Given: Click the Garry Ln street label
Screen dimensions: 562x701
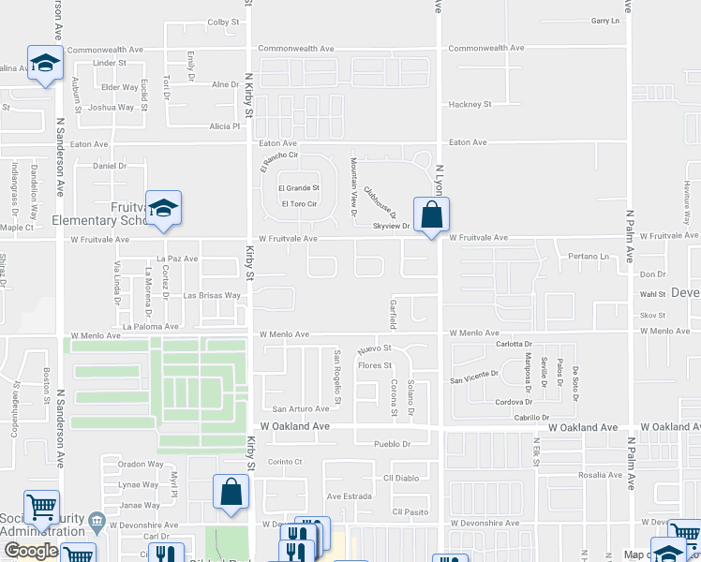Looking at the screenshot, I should coord(606,21).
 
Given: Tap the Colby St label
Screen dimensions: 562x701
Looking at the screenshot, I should coord(224,22).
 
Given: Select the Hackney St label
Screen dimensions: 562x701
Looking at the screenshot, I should coord(470,104).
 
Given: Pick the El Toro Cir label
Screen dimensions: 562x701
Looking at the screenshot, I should coord(299,203).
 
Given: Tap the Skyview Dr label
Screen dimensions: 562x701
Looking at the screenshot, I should coord(392,227).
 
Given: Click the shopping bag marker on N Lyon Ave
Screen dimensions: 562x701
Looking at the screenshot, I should coord(431,214).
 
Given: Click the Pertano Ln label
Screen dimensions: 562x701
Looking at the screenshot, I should coord(589,256).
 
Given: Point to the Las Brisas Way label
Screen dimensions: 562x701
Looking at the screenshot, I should coord(212,295).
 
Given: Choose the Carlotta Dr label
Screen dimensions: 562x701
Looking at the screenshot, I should coord(515,344).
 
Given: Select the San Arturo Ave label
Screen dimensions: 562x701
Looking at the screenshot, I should coord(301,408).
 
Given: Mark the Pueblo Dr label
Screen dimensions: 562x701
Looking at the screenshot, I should coord(393,444).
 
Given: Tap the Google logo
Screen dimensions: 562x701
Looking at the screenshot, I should coord(31,551).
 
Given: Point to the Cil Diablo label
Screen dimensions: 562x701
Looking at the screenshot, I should coord(401,478).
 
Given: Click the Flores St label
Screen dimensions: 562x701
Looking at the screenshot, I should coord(374,365).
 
